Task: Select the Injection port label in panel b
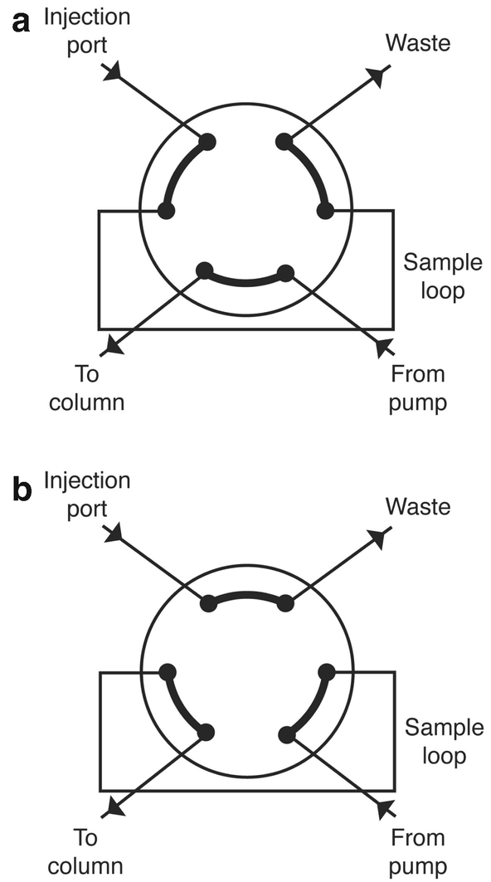[x=87, y=494]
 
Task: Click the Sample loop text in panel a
[x=441, y=277]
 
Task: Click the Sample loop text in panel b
[x=443, y=742]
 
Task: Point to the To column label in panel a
[x=86, y=388]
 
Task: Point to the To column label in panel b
[x=86, y=851]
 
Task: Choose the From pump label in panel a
[x=417, y=388]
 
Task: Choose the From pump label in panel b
[x=419, y=851]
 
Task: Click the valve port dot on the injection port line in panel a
[x=207, y=142]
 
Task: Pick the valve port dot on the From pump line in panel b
[x=287, y=733]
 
